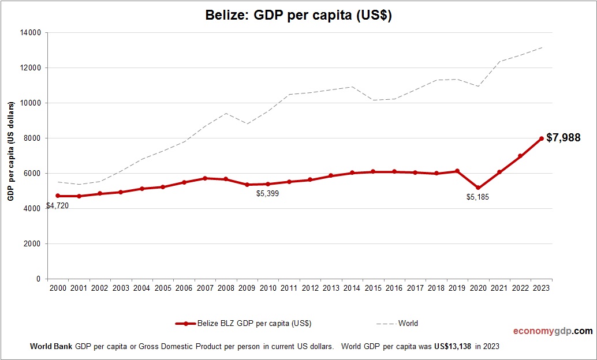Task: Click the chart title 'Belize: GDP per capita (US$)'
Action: tap(298, 16)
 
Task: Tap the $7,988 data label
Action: tap(563, 138)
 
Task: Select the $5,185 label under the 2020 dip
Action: tap(477, 197)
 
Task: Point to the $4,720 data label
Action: tap(57, 205)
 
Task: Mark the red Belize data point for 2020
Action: tap(478, 188)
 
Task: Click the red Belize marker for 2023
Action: tap(541, 138)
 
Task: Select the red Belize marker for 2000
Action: tap(58, 196)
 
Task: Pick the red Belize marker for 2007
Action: tap(205, 178)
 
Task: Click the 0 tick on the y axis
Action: tap(38, 279)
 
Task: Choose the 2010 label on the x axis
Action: tap(268, 288)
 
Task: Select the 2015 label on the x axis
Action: tap(374, 288)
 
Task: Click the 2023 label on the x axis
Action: tap(542, 288)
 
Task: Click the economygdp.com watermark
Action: tap(553, 331)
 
